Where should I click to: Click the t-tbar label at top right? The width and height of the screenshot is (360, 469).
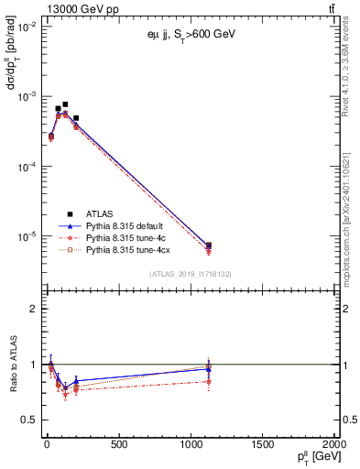click(x=331, y=9)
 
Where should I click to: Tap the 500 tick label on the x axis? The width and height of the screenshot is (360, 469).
click(x=118, y=445)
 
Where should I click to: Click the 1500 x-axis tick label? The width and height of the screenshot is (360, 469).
click(x=264, y=445)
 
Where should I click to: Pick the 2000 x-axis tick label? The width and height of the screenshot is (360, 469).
click(x=335, y=445)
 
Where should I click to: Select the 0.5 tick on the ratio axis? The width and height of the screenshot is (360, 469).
click(x=27, y=420)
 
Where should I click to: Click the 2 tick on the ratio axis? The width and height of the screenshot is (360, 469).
click(x=31, y=309)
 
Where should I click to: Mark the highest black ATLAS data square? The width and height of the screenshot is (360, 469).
click(x=65, y=104)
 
